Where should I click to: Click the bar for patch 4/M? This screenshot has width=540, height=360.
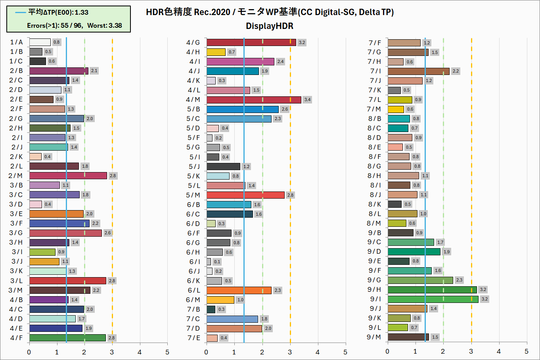[254, 100]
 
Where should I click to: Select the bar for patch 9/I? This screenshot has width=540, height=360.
[433, 299]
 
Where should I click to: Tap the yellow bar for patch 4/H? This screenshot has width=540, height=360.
[216, 52]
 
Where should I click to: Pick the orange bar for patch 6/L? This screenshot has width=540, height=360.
[239, 290]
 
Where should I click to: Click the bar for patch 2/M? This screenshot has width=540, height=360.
[68, 176]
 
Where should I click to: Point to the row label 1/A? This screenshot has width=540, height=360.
[17, 42]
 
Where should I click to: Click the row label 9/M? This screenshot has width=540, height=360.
[374, 337]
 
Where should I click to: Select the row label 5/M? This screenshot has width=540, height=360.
[193, 195]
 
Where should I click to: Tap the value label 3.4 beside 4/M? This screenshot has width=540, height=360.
[307, 100]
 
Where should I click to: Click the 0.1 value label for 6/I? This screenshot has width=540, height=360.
[217, 262]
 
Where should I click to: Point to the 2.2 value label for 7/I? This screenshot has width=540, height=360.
[456, 71]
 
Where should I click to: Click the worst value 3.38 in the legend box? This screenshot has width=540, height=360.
[115, 25]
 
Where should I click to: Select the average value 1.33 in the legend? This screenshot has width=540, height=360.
[81, 12]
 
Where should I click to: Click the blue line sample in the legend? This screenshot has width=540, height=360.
[20, 12]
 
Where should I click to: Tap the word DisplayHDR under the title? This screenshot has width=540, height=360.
[270, 26]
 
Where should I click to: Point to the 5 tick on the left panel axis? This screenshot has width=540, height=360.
[167, 352]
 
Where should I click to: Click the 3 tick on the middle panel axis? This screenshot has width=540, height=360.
[290, 352]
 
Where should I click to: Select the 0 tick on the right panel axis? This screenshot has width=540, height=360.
[387, 351]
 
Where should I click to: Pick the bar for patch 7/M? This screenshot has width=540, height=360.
[396, 109]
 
